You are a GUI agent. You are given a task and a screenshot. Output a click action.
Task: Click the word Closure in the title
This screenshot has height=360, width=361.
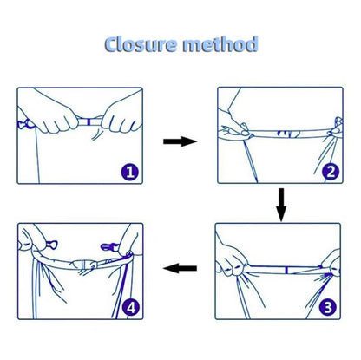(141, 44)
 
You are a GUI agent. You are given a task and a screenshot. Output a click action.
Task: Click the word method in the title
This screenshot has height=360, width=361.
(220, 44)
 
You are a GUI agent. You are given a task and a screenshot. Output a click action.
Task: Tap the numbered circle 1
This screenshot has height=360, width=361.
(130, 172)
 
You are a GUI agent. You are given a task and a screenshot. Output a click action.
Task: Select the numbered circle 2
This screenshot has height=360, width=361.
(331, 172)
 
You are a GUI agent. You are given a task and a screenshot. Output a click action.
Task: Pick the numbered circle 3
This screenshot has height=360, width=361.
(328, 307)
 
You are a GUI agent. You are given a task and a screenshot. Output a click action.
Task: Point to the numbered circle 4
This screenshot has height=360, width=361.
(131, 307)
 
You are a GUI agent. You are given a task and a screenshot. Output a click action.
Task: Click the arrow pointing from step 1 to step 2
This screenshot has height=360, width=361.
(180, 141)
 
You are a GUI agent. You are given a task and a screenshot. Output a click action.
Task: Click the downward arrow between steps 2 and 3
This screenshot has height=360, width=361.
(281, 205)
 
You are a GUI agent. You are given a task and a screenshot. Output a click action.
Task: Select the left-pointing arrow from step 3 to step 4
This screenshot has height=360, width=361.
(180, 268)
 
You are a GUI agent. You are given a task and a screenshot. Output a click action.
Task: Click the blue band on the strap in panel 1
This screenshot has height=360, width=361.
(89, 121)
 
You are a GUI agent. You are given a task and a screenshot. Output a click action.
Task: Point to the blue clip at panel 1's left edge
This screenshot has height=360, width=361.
(25, 124)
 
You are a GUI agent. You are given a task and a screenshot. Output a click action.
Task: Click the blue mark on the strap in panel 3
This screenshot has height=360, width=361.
(286, 271)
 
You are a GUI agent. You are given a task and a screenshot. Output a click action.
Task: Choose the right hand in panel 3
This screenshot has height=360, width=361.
(331, 264)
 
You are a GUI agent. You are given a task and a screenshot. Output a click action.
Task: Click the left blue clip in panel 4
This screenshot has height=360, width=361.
(51, 245)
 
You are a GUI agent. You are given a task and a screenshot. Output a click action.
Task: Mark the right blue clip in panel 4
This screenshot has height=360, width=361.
(109, 247)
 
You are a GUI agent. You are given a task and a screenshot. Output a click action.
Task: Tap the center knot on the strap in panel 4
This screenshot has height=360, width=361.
(84, 265)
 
